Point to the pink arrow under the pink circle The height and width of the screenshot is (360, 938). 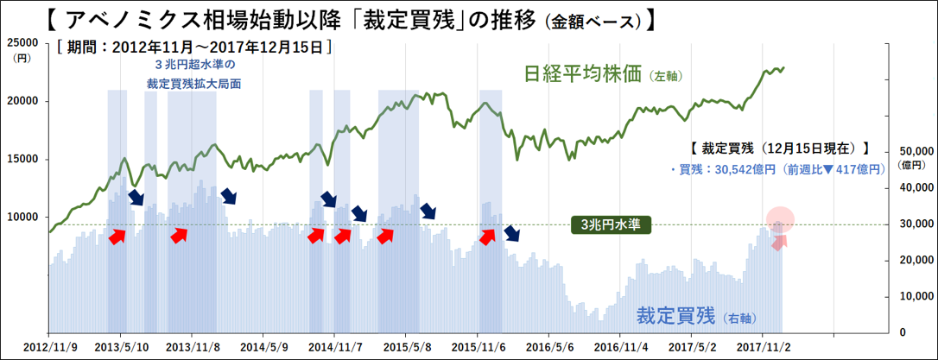(780, 242)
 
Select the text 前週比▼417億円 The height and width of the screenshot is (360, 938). (836, 170)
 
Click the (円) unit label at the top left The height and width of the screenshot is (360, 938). (21, 58)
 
